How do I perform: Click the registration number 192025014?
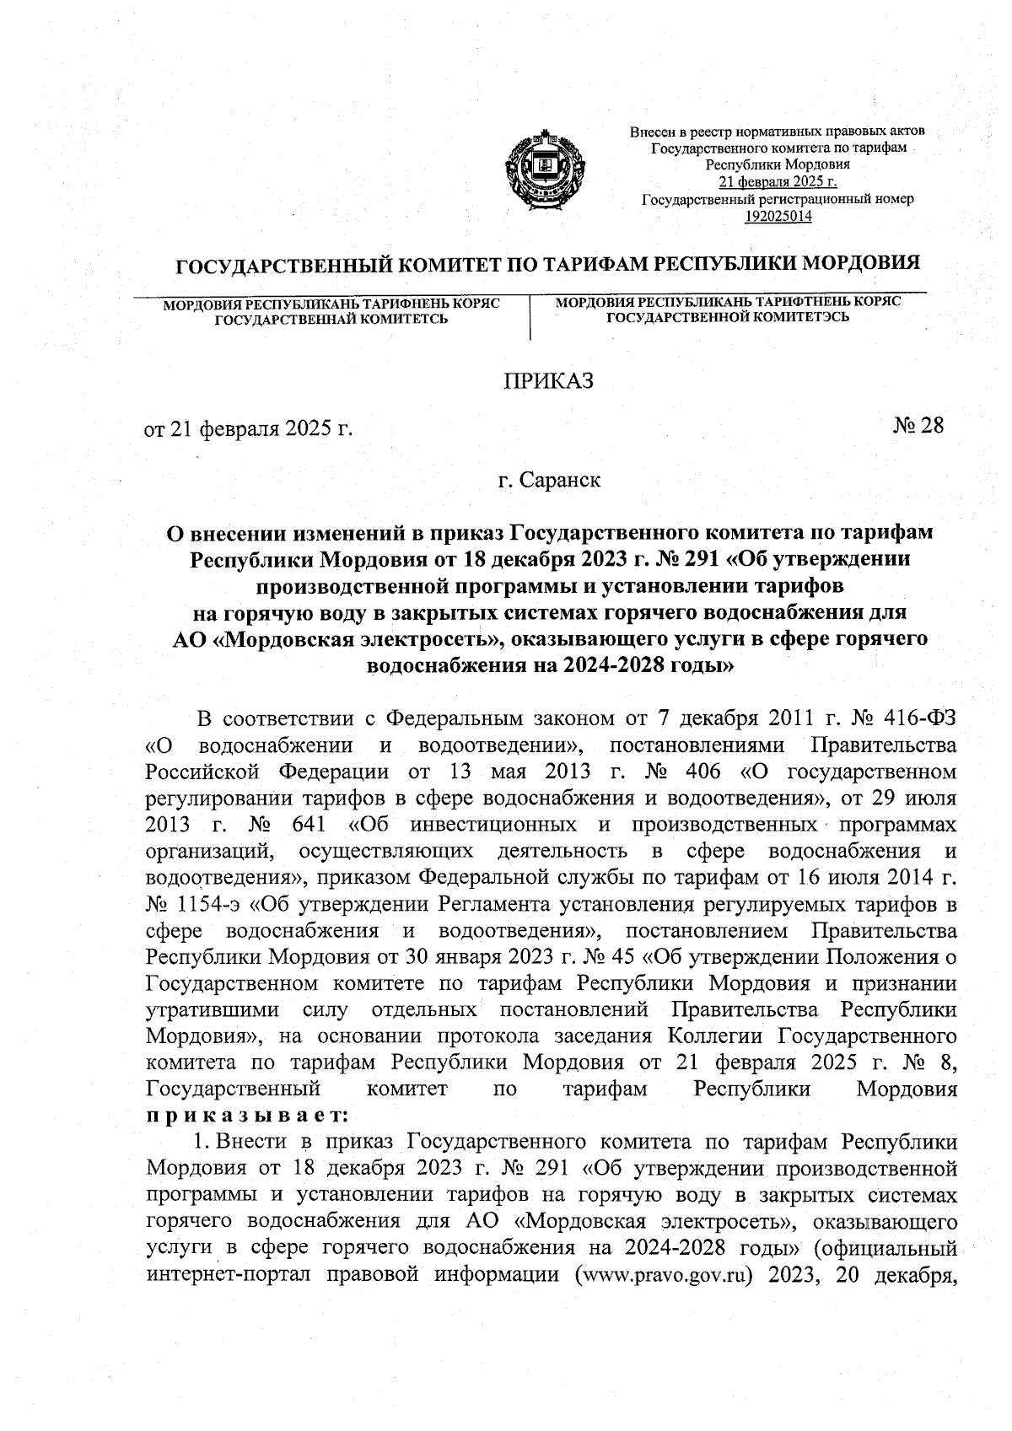778,217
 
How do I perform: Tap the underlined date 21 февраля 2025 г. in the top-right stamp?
778,182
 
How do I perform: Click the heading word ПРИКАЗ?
548,381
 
